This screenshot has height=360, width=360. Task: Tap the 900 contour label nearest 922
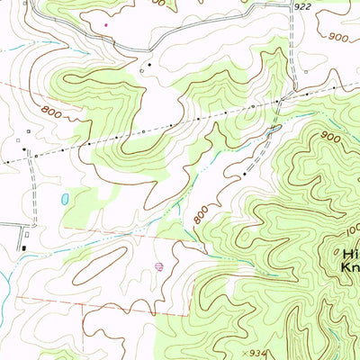(x=339, y=38)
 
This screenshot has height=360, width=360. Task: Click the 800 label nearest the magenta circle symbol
(x=200, y=214)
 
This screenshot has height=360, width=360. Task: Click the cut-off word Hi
(x=349, y=253)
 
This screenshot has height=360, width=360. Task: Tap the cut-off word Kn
(x=349, y=266)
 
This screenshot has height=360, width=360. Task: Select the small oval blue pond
(x=64, y=198)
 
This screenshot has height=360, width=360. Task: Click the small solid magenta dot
(x=106, y=25)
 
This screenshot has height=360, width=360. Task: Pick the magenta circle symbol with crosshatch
(x=159, y=266)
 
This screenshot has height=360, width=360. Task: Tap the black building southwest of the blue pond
(x=24, y=247)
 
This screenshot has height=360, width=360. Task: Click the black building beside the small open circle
(x=149, y=65)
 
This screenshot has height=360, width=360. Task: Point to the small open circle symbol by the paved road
(x=141, y=70)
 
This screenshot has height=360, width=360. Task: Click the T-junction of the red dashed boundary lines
(x=83, y=304)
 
